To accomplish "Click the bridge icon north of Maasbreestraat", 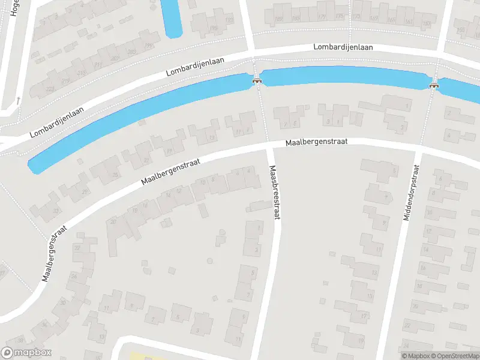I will [257, 81].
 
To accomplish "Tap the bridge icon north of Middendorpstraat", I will [433, 85].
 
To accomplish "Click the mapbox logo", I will [26, 353].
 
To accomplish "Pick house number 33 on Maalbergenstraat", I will [56, 210].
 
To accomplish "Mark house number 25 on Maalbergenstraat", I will [116, 175].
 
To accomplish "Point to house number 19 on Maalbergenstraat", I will [169, 151].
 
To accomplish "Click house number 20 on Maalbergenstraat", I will [113, 221].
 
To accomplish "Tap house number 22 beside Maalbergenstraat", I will [76, 247].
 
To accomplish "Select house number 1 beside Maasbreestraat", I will [259, 229].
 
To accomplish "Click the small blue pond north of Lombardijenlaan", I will [172, 18].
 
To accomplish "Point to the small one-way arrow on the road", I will [19, 100].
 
